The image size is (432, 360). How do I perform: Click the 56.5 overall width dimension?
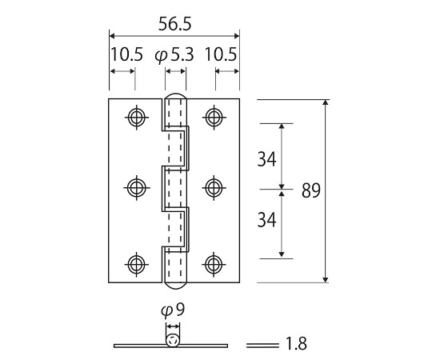point(174,24)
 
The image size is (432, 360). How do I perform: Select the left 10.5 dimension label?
point(126,54)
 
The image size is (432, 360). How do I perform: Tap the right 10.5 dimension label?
point(221,54)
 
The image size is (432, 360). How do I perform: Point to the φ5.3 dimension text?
point(174,55)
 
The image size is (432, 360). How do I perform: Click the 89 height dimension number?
point(311,190)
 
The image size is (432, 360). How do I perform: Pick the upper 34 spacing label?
point(266,159)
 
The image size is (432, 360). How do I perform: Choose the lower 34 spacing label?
point(266,220)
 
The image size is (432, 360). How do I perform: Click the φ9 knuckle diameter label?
point(173,310)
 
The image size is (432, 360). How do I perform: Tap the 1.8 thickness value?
point(296,344)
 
